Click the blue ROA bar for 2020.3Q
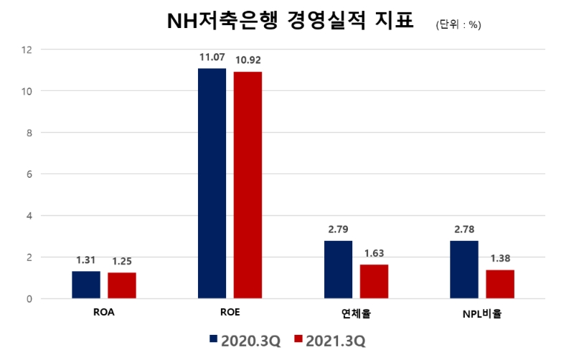tap(86, 285)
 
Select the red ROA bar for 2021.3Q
tap(122, 285)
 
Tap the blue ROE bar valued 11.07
tap(212, 183)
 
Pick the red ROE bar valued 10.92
tap(248, 184)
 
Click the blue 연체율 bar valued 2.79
tap(338, 269)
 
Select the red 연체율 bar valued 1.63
tap(374, 281)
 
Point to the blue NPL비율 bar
tap(464, 269)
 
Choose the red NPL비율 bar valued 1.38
tap(500, 284)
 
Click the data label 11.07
tap(212, 57)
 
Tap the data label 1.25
tap(122, 261)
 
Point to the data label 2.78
tap(464, 229)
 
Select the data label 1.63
tap(374, 253)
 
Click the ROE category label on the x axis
tap(230, 313)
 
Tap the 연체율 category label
tap(356, 313)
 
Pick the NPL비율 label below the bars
tap(482, 313)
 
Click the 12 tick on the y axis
tap(27, 49)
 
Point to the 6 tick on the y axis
tap(29, 174)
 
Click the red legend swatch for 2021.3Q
tap(299, 339)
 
